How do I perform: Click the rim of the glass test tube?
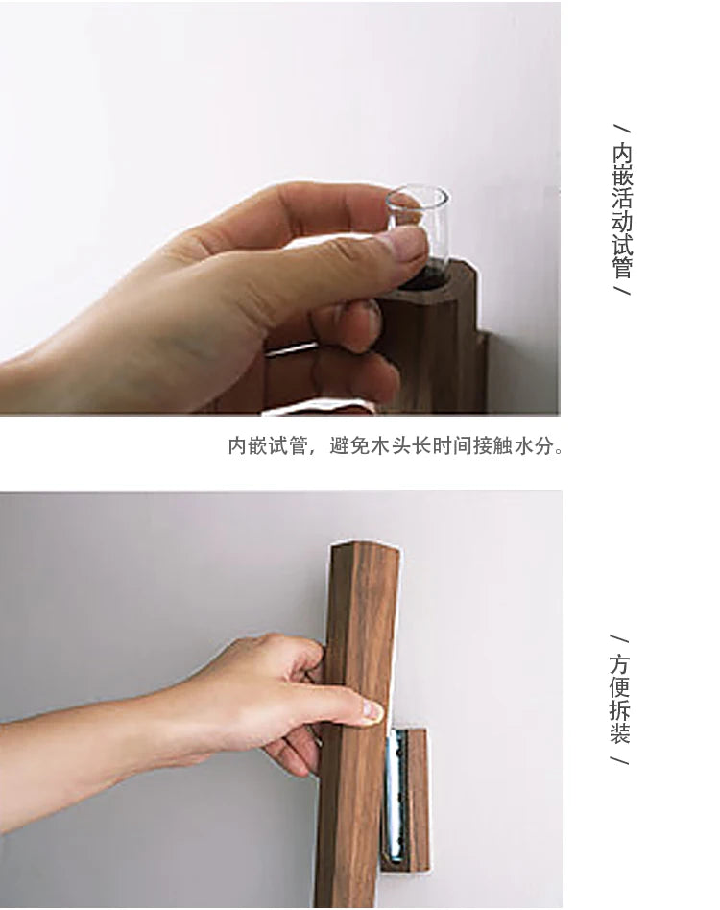[x=418, y=190]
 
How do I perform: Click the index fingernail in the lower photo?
[x=373, y=711]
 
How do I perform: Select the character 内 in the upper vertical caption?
[x=622, y=154]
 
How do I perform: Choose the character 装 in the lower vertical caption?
[x=619, y=732]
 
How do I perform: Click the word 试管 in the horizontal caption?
[x=288, y=445]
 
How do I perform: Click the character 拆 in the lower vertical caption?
[x=619, y=709]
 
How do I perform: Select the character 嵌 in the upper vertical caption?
[x=622, y=177]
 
